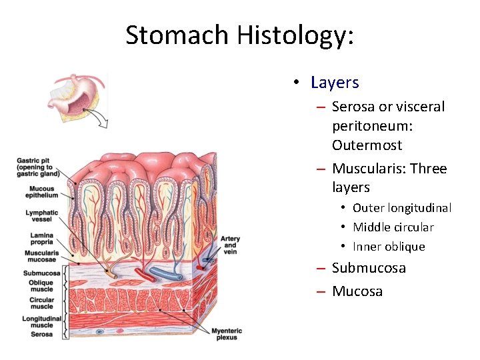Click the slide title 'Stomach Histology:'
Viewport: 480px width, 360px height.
239,35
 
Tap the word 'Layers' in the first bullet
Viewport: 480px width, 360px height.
335,83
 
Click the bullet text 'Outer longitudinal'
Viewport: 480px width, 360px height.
402,208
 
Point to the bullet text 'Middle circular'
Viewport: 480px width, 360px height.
393,227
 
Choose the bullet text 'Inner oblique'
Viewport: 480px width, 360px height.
389,247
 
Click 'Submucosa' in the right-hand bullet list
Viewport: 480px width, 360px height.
369,268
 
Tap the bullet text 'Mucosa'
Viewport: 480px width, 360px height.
357,291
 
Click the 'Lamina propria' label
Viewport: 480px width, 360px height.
42,239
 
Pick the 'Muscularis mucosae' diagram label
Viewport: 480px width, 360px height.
41,257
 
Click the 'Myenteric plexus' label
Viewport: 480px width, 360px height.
227,334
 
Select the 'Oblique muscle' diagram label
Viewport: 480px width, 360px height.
41,286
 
